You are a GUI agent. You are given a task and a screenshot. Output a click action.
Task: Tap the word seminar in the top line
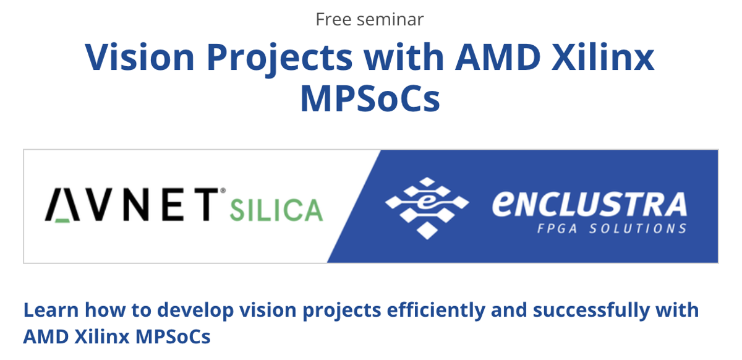[x=390, y=20]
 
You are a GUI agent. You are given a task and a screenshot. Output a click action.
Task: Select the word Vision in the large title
[x=140, y=57]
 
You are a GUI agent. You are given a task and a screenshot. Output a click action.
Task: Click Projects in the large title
[x=279, y=59]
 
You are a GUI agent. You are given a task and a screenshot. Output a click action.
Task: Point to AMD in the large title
[x=498, y=57]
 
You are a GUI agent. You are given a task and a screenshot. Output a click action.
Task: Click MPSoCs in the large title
[x=370, y=98]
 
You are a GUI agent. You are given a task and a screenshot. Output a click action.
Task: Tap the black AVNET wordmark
[x=132, y=204]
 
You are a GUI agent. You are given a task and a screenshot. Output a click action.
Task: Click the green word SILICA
[x=276, y=210]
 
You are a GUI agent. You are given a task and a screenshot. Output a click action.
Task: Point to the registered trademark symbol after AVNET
[x=223, y=191]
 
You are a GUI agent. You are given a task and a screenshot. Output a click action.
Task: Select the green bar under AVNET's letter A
[x=62, y=220]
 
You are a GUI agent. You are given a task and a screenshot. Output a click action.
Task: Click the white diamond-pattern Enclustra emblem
[x=427, y=208]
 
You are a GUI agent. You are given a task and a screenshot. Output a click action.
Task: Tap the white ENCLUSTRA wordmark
[x=589, y=204]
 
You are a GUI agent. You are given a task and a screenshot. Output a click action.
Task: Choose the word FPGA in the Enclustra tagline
[x=557, y=228]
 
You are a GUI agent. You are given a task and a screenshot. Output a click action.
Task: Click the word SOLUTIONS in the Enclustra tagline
[x=638, y=228]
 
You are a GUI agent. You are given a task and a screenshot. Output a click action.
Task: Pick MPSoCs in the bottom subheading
[x=173, y=336]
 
